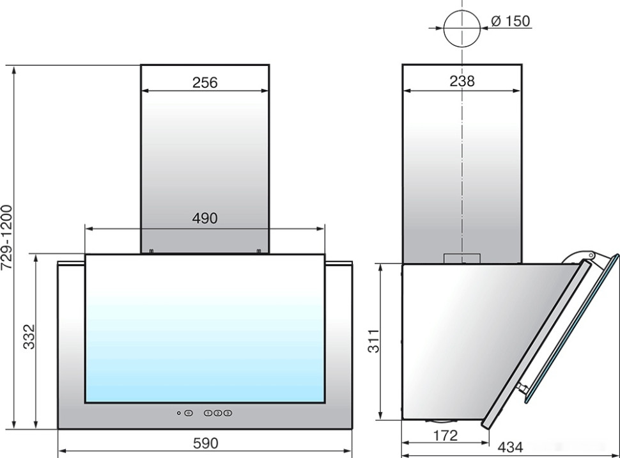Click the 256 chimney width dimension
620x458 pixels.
(x=205, y=83)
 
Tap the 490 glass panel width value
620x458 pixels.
(x=205, y=218)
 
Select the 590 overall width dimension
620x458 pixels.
(x=206, y=443)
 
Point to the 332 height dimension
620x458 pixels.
(x=29, y=337)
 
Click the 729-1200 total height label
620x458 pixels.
(x=7, y=237)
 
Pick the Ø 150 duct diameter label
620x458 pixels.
(x=511, y=21)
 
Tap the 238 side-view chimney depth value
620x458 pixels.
(x=462, y=81)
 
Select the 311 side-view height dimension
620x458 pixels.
(x=373, y=341)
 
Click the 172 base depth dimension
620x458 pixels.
(x=446, y=436)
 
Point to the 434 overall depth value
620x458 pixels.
(x=510, y=447)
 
